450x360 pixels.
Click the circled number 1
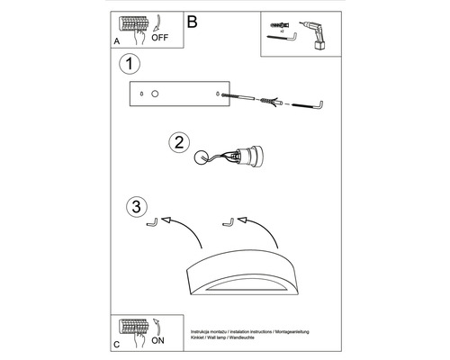(131, 64)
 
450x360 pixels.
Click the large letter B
(191, 21)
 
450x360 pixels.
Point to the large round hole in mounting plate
(155, 94)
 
